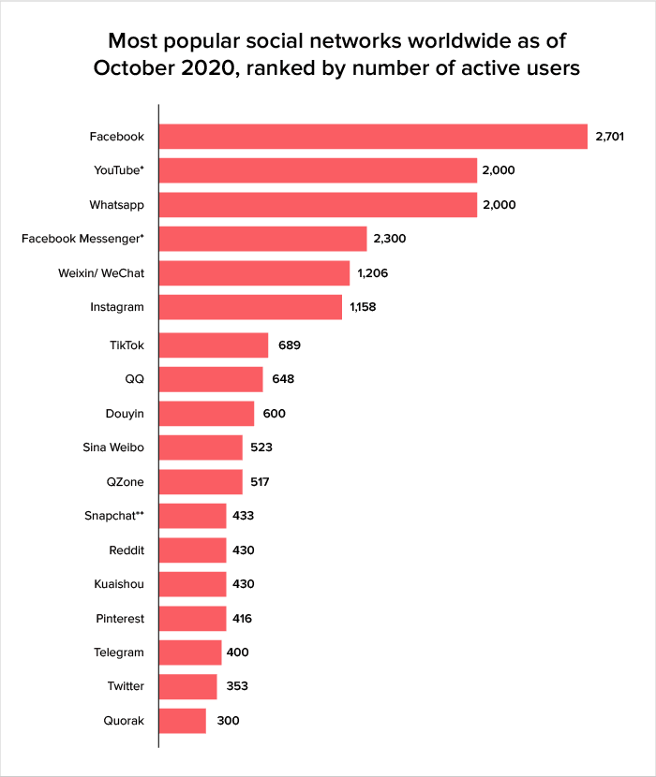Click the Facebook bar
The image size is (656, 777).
click(x=373, y=137)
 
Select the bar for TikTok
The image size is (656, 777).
click(x=214, y=345)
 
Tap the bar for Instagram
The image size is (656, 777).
click(x=250, y=306)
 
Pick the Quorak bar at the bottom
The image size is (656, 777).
click(x=183, y=720)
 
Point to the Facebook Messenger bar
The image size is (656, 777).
click(x=262, y=239)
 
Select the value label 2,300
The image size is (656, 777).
click(x=389, y=239)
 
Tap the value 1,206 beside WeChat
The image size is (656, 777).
click(x=372, y=272)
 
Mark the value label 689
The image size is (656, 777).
click(x=289, y=345)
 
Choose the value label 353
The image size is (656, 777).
click(x=236, y=686)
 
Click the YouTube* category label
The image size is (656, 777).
click(x=119, y=170)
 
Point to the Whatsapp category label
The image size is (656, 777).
click(x=117, y=204)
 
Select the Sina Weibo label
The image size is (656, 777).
click(x=113, y=447)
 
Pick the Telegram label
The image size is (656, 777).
click(x=120, y=652)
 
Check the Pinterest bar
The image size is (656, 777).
click(x=192, y=619)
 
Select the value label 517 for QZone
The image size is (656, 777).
click(x=261, y=481)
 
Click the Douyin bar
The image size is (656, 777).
click(x=206, y=414)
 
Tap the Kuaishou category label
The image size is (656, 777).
click(x=119, y=584)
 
